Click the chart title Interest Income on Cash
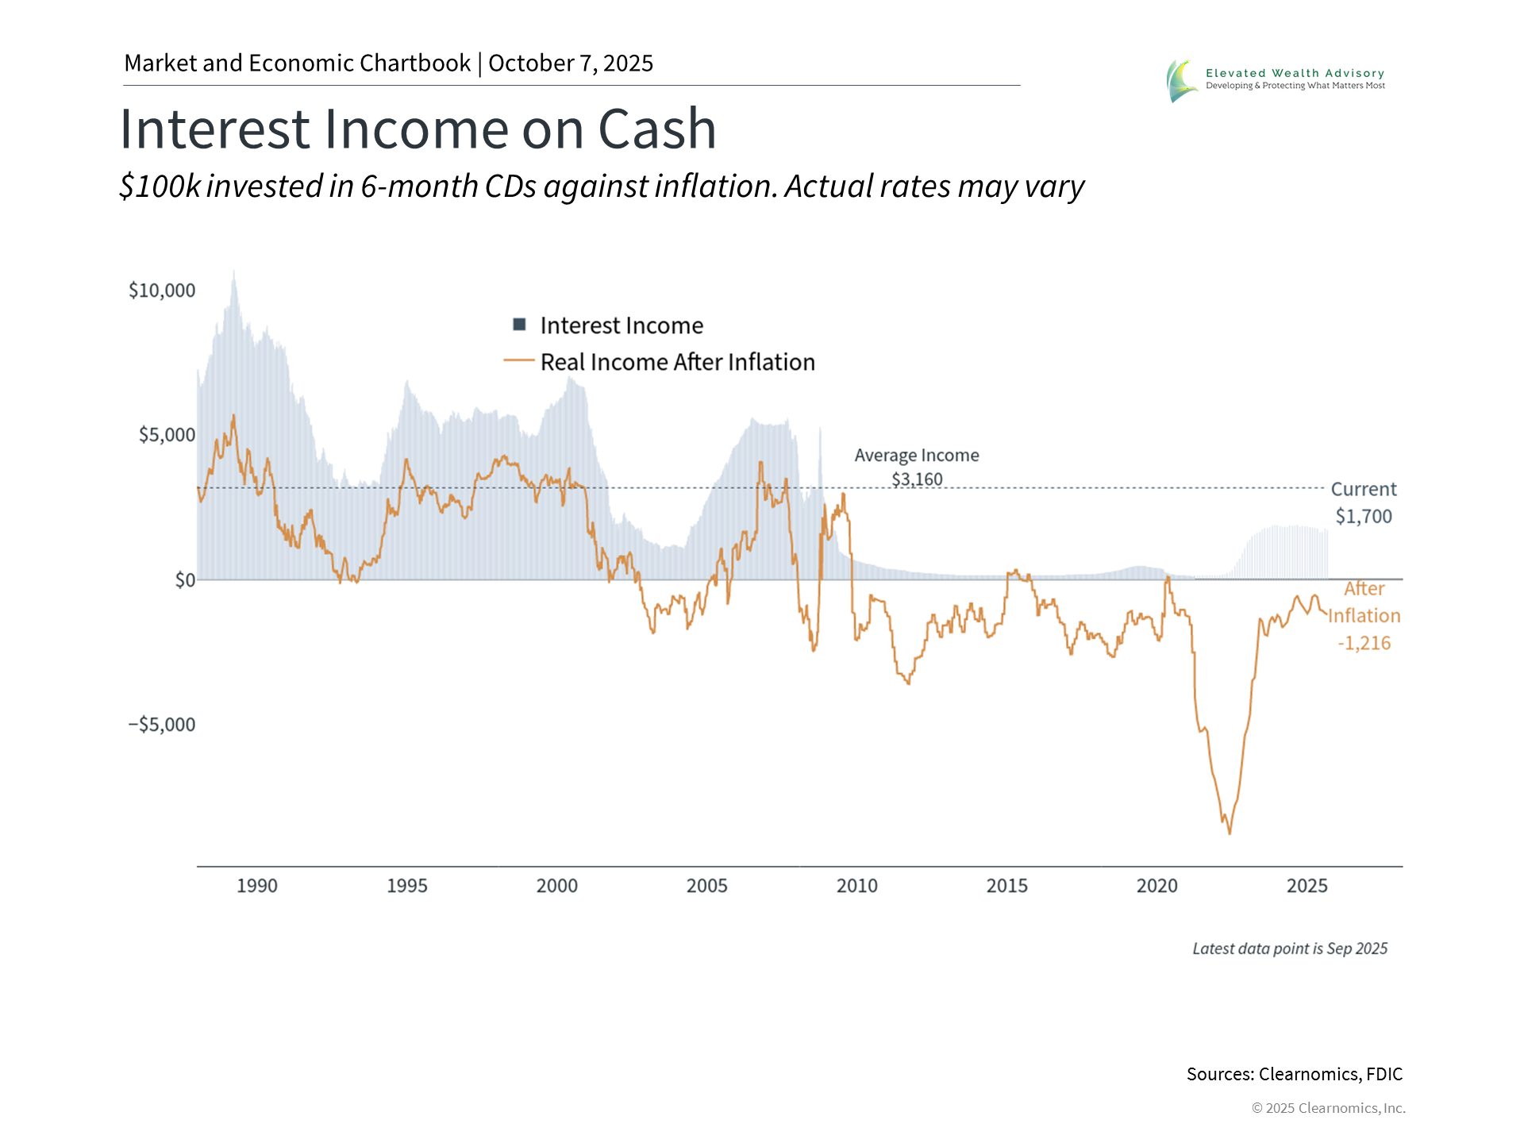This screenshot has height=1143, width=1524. click(418, 129)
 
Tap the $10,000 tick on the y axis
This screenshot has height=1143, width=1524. click(162, 291)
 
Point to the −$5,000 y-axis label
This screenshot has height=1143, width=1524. click(161, 725)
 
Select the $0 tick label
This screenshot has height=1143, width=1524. click(185, 580)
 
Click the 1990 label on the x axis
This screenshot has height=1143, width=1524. click(257, 886)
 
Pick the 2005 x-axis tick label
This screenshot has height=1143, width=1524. click(706, 886)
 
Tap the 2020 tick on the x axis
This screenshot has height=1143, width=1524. click(1156, 886)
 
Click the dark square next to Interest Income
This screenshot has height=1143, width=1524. click(520, 324)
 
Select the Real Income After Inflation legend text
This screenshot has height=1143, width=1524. click(677, 362)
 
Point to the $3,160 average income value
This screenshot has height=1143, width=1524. click(917, 479)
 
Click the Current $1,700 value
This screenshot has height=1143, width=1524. click(1363, 517)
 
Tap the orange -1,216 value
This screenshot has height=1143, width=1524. click(1364, 643)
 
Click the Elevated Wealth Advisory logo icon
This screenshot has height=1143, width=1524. click(1181, 80)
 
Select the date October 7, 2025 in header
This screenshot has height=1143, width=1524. click(571, 63)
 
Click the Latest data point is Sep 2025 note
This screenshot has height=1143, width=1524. click(1290, 949)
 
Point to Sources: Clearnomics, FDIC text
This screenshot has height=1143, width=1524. click(1294, 1074)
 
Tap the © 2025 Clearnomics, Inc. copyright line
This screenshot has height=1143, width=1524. click(1328, 1108)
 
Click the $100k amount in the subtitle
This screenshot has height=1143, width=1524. click(160, 187)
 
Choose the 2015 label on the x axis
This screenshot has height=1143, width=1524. click(1006, 886)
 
